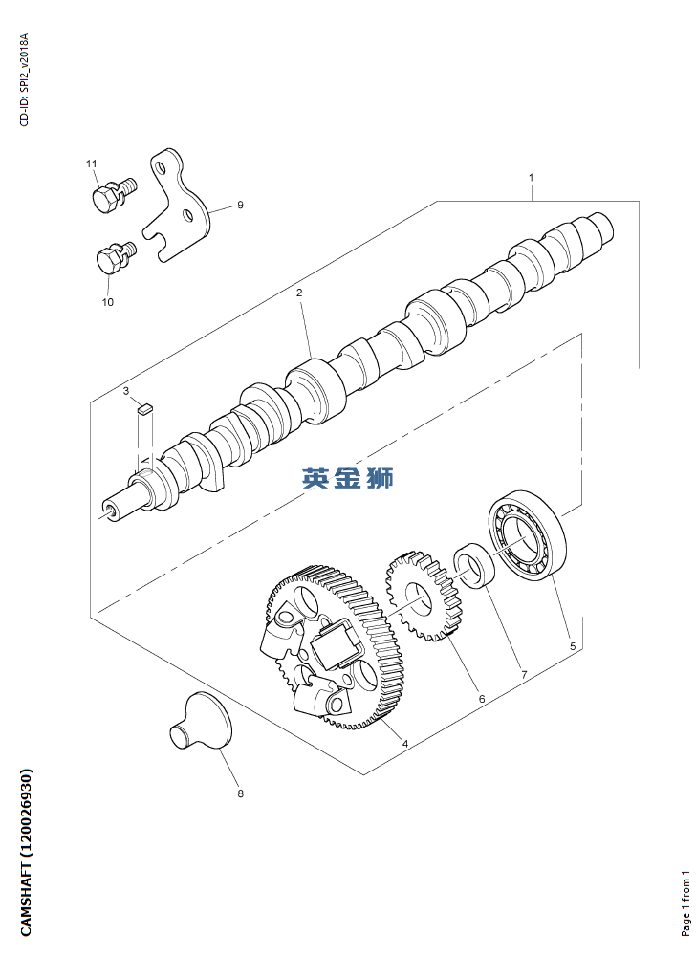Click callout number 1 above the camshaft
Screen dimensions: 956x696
point(531,178)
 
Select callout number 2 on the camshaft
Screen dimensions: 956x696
point(299,293)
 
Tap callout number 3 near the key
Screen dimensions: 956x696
point(125,391)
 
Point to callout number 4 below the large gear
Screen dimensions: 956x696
point(405,743)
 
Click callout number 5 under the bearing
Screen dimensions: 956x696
point(573,646)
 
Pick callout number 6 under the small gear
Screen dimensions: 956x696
point(482,699)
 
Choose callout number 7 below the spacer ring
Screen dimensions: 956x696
point(524,674)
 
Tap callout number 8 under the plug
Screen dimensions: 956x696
point(240,793)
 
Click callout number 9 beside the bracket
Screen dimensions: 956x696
point(240,205)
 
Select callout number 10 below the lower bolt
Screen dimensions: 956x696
point(107,301)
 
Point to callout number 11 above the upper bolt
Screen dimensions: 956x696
point(92,164)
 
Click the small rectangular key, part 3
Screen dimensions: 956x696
point(143,408)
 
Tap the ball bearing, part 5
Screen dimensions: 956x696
point(528,535)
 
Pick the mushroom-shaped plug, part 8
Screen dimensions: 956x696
point(204,722)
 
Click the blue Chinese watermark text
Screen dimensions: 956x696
point(348,478)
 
